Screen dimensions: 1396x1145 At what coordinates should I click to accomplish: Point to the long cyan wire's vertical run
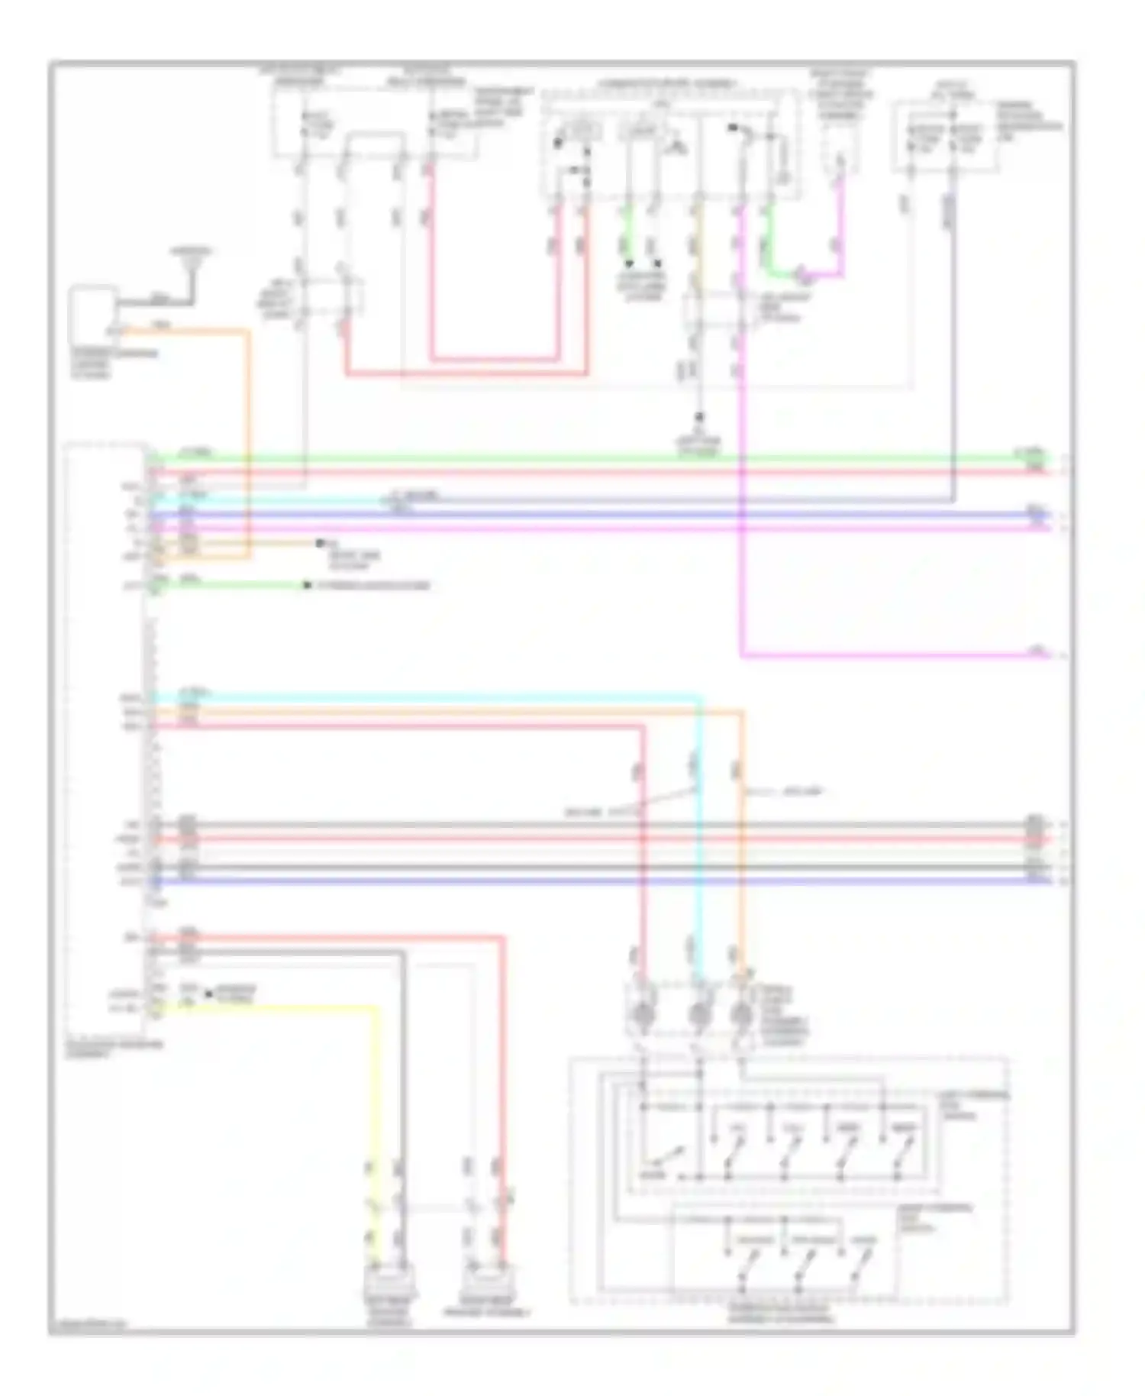(698, 840)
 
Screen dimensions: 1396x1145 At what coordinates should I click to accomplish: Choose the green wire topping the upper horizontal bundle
(595, 459)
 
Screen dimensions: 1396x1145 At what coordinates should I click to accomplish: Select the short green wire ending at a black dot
(229, 586)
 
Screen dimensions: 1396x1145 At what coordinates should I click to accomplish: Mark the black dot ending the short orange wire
(320, 544)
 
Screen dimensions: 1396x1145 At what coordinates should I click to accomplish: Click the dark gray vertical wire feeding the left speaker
(402, 1069)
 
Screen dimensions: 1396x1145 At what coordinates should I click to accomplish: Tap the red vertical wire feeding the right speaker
(503, 1069)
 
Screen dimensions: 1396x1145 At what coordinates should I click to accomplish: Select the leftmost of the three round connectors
(643, 1015)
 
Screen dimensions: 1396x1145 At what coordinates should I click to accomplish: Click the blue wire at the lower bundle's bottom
(595, 881)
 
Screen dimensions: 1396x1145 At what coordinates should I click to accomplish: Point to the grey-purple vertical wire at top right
(953, 344)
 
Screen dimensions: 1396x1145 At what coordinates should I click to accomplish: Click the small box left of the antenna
(92, 313)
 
